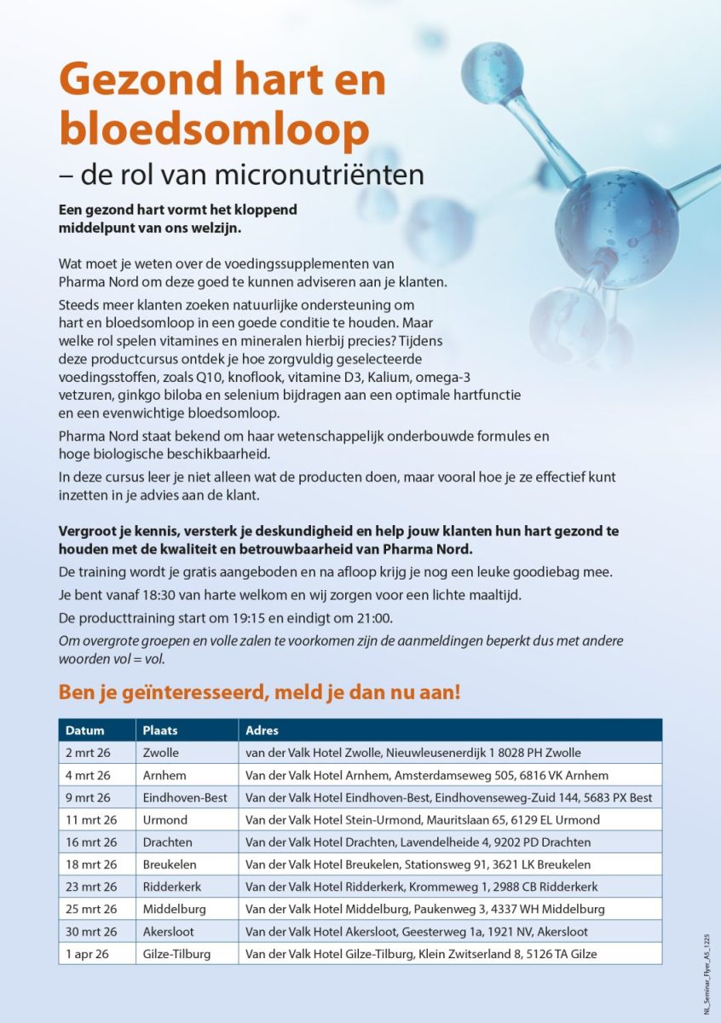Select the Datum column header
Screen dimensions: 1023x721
tap(85, 731)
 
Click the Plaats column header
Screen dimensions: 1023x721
tap(160, 731)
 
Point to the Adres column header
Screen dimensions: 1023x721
tap(262, 731)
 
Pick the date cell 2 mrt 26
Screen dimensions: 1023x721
tap(88, 753)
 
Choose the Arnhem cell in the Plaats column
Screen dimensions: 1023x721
tap(164, 775)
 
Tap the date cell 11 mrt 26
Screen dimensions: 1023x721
tap(91, 820)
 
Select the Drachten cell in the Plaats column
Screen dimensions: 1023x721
tap(168, 842)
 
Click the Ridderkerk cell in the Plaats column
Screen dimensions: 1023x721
tap(173, 887)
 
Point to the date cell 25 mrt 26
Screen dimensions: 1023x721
tap(91, 910)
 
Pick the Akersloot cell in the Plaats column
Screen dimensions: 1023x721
tap(170, 932)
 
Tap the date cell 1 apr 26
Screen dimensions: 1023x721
tap(88, 954)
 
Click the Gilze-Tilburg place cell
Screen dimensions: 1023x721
tap(176, 954)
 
